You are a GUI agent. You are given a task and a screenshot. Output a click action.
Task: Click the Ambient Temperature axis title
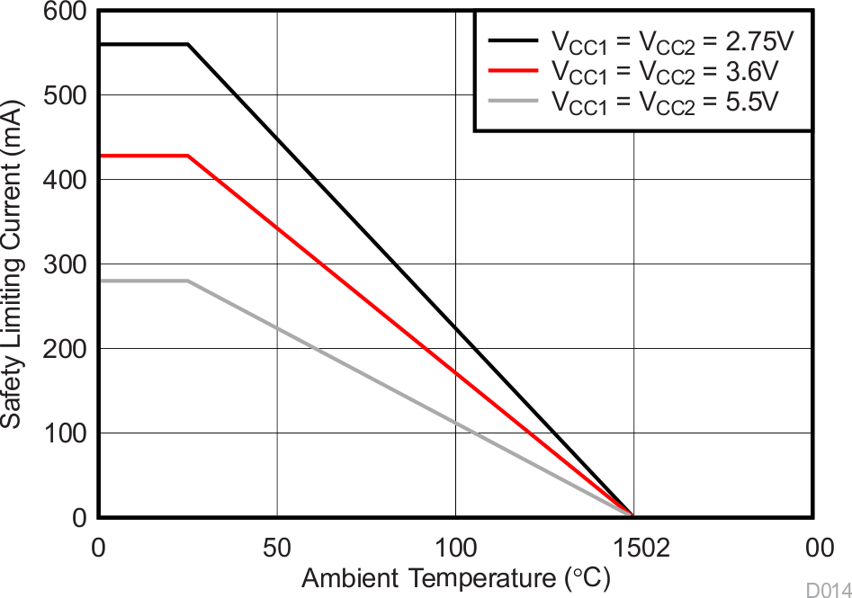tap(456, 578)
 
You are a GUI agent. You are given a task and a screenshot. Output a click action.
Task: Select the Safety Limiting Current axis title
tap(13, 264)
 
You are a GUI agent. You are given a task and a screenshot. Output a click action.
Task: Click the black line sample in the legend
tap(514, 40)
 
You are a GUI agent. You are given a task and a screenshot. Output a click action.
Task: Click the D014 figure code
tap(826, 589)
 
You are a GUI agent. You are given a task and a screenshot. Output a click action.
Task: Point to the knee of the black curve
tap(188, 44)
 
